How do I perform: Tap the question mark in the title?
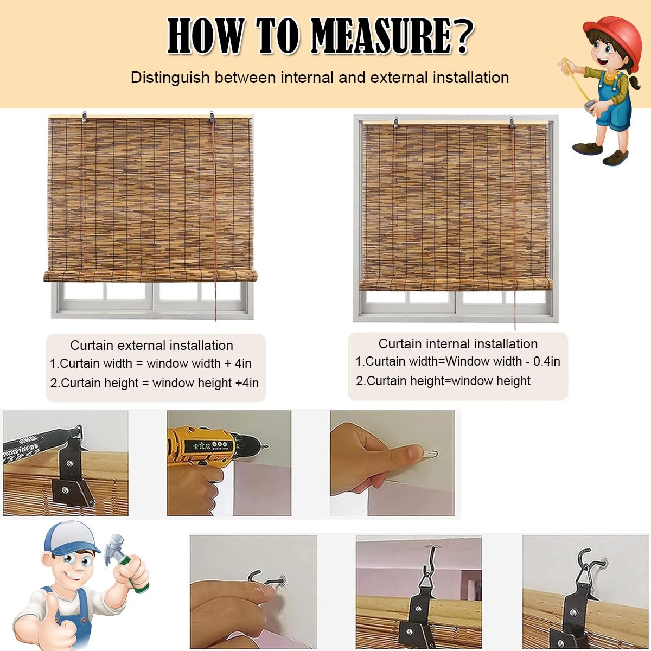pyautogui.click(x=463, y=35)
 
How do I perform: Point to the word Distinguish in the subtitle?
pyautogui.click(x=170, y=78)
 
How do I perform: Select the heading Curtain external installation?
pyautogui.click(x=152, y=345)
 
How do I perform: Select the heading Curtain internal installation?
pyautogui.click(x=458, y=343)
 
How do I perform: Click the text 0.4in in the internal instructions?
pyautogui.click(x=547, y=361)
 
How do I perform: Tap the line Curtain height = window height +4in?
pyautogui.click(x=155, y=383)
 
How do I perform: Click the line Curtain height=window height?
pyautogui.click(x=443, y=381)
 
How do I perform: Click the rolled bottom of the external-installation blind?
pyautogui.click(x=150, y=276)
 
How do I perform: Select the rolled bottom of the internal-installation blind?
pyautogui.click(x=456, y=284)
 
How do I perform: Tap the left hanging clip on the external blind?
pyautogui.click(x=84, y=116)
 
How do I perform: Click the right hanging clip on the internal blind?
pyautogui.click(x=512, y=123)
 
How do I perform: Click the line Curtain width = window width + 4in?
pyautogui.click(x=151, y=363)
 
